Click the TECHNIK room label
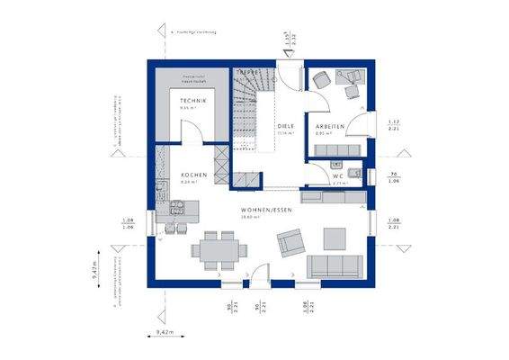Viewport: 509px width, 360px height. point(192,102)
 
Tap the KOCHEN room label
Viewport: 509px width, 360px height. point(193,175)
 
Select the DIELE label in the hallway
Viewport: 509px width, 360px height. point(286,127)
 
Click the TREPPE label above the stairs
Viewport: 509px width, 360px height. point(247,70)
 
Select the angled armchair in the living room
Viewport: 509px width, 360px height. point(290,240)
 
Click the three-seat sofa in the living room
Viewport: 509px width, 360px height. point(335,265)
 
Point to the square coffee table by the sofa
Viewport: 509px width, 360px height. point(334,238)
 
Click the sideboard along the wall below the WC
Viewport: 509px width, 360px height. point(333,195)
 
